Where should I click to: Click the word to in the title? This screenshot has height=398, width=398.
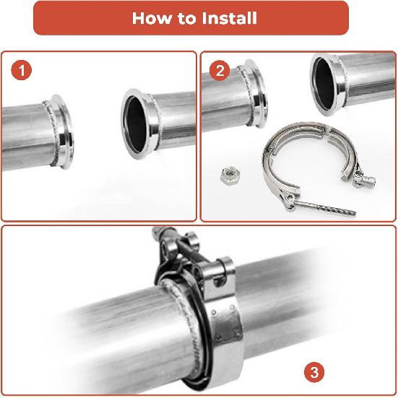[x=186, y=18]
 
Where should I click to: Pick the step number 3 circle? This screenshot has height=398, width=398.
[x=313, y=373]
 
